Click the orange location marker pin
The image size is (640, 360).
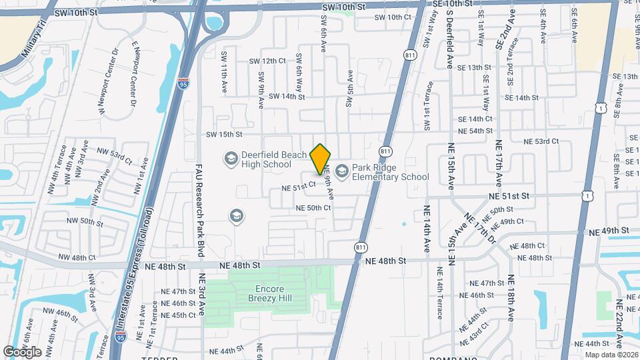321,159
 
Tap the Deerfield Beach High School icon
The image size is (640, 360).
231,159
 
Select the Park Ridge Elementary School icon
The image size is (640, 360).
342,172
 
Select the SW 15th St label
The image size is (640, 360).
223,134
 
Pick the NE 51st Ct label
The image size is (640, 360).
298,187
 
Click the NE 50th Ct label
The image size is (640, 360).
313,208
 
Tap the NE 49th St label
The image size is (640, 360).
609,231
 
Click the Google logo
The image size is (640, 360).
22,351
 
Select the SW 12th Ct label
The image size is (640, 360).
267,61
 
